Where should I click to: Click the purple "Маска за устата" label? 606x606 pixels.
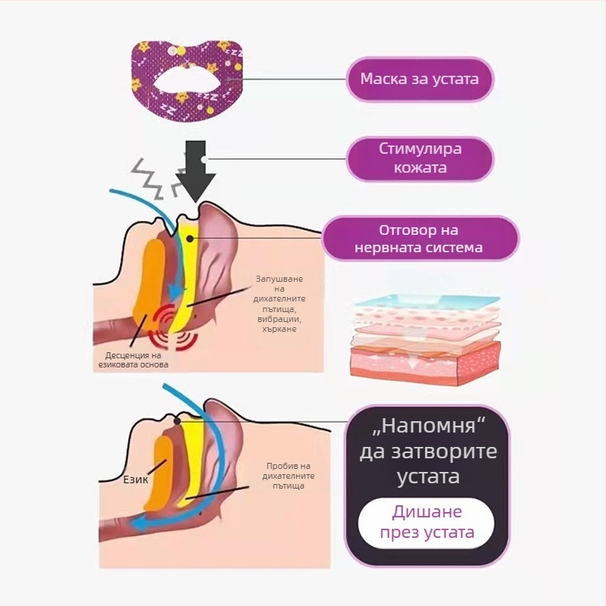point(420,79)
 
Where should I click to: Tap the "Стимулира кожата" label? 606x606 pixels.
point(420,158)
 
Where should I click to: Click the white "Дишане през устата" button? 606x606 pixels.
point(426,521)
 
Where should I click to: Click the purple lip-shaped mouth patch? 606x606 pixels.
point(184,79)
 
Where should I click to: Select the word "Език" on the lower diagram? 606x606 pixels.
point(136,479)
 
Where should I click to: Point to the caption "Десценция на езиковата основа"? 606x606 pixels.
point(133,359)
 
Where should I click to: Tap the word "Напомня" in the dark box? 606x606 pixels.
point(429,426)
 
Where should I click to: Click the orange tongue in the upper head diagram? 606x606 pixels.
point(148,284)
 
